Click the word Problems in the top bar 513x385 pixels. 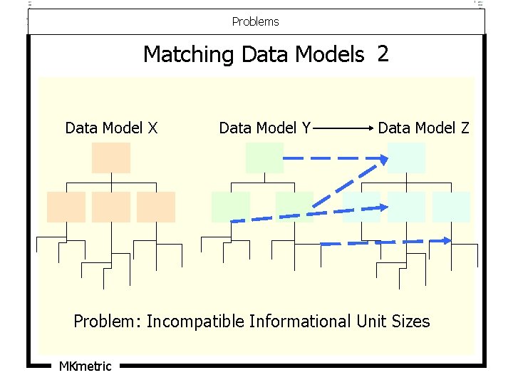[255, 21]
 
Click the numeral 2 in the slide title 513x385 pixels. [383, 53]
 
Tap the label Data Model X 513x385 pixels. [111, 128]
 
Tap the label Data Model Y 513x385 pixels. [264, 128]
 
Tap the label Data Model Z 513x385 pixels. [423, 128]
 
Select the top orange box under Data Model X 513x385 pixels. [110, 158]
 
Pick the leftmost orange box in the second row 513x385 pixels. [66, 207]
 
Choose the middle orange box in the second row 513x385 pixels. [110, 207]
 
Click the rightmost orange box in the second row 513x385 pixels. [156, 207]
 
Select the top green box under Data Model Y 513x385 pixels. [264, 158]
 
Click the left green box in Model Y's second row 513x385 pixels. [231, 207]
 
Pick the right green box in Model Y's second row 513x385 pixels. [294, 207]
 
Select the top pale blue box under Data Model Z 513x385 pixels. [406, 158]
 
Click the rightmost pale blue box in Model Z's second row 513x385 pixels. [451, 207]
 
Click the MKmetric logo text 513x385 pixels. [85, 366]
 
